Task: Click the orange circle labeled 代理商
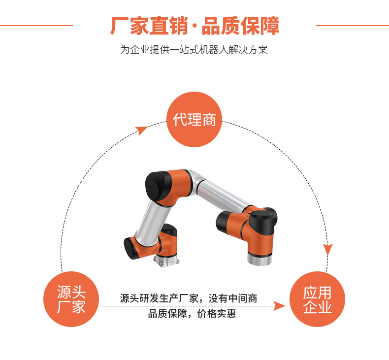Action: tap(194, 119)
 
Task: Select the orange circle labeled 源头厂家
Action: tap(71, 299)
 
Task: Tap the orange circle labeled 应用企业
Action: tap(317, 299)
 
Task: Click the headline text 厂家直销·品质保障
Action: tap(195, 26)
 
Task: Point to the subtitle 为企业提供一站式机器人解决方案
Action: tap(194, 50)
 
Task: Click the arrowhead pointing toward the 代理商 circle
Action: tap(142, 130)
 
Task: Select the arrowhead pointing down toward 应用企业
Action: tap(328, 249)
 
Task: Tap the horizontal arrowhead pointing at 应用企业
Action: tap(280, 306)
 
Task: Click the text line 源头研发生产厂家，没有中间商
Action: tap(189, 298)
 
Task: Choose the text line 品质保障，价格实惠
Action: tap(192, 314)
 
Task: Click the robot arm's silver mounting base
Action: tap(166, 261)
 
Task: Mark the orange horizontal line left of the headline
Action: tap(36, 25)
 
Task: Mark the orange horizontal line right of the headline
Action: tap(352, 25)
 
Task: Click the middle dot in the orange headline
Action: tap(194, 26)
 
